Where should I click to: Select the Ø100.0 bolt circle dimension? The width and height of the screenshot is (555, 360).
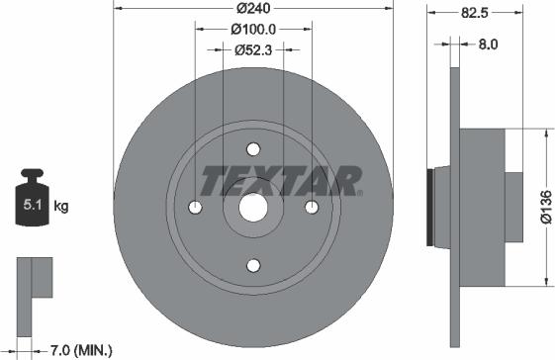[x=253, y=30]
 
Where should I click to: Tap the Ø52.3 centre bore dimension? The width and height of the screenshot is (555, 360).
[x=253, y=47]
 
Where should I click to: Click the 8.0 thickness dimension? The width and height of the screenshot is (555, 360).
[x=488, y=45]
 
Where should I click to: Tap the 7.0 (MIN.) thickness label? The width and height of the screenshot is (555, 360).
[x=82, y=349]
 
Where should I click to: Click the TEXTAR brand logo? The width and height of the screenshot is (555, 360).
[x=281, y=181]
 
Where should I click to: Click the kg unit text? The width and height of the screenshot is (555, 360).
[x=61, y=207]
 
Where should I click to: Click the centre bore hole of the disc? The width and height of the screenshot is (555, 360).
[x=253, y=207]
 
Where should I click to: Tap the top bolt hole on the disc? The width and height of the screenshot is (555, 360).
[x=253, y=149]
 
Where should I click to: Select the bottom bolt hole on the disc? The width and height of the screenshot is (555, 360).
[x=253, y=264]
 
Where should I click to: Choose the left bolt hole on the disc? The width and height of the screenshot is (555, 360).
[x=195, y=207]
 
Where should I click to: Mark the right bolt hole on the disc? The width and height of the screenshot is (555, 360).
[x=312, y=207]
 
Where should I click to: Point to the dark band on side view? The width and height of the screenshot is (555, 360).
[x=429, y=207]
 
